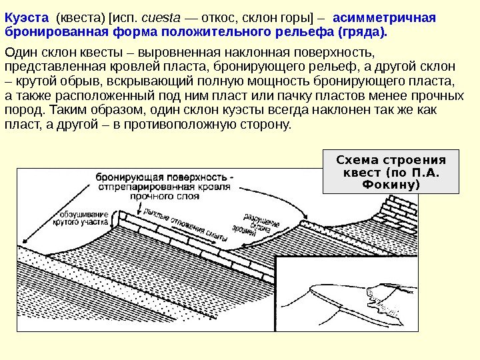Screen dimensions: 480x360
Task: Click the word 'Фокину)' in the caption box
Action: coord(391,183)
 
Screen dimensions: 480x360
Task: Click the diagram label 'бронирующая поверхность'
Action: coord(164,178)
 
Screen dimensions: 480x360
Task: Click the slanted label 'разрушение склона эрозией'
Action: coord(256,224)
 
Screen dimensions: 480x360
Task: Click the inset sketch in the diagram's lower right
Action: coord(347,300)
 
